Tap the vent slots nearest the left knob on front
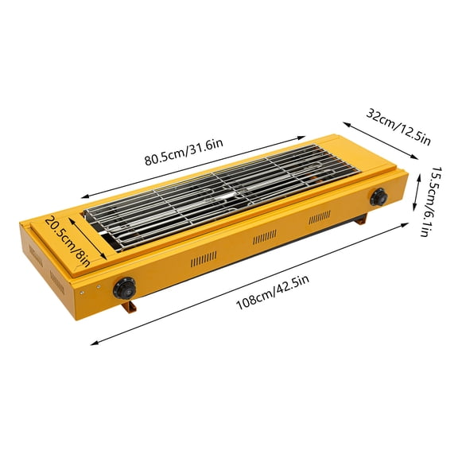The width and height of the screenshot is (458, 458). (x=203, y=260)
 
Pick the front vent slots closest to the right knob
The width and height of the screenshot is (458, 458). (x=320, y=217)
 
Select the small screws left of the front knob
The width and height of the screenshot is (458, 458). (x=95, y=286)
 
